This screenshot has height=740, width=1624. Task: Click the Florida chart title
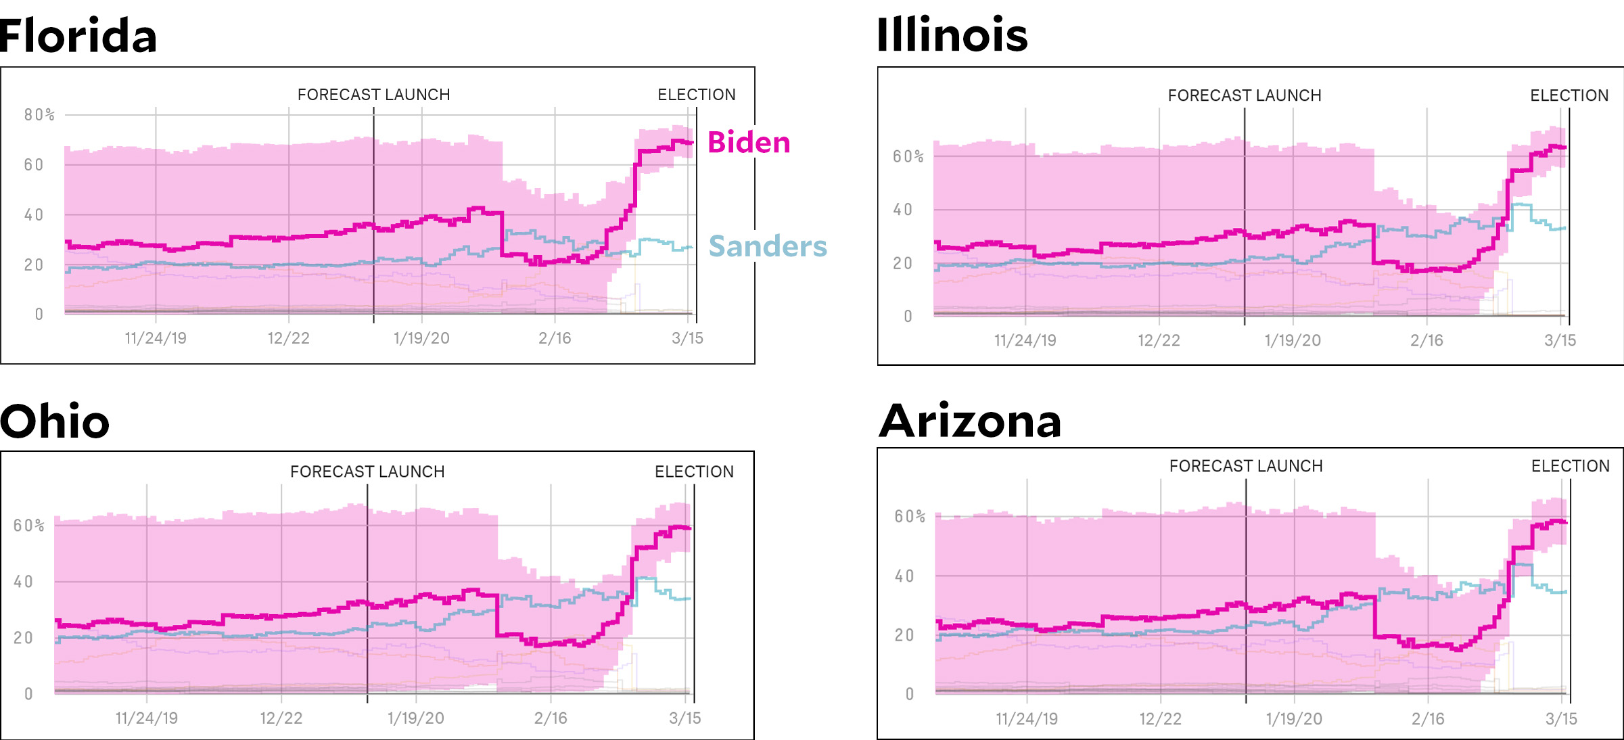click(x=78, y=36)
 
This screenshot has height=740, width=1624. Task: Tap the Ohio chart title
click(x=55, y=421)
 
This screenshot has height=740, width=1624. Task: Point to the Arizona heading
click(x=970, y=421)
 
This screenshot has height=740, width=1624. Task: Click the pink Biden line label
click(x=749, y=143)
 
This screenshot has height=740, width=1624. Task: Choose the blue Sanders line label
click(x=768, y=246)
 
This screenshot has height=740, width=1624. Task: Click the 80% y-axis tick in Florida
click(x=39, y=115)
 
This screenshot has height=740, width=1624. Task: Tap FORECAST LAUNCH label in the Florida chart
click(x=373, y=95)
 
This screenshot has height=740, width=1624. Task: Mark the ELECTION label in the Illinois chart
click(x=1569, y=95)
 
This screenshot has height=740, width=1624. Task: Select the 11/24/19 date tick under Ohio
click(x=147, y=718)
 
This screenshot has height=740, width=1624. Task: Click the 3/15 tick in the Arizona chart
click(x=1561, y=719)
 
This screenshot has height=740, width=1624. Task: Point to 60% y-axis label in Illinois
click(x=908, y=157)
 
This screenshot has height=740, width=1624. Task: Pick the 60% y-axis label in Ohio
click(x=29, y=526)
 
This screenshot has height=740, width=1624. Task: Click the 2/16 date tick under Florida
click(x=555, y=338)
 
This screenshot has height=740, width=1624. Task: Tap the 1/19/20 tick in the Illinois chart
click(x=1293, y=340)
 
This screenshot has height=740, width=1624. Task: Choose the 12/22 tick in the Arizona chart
click(x=1160, y=719)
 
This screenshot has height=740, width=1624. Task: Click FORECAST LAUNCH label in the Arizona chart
click(x=1246, y=466)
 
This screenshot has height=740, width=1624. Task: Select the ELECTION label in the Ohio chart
click(x=694, y=471)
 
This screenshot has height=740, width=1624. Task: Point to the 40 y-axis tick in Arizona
click(x=904, y=576)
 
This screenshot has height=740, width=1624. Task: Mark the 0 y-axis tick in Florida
click(x=39, y=315)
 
